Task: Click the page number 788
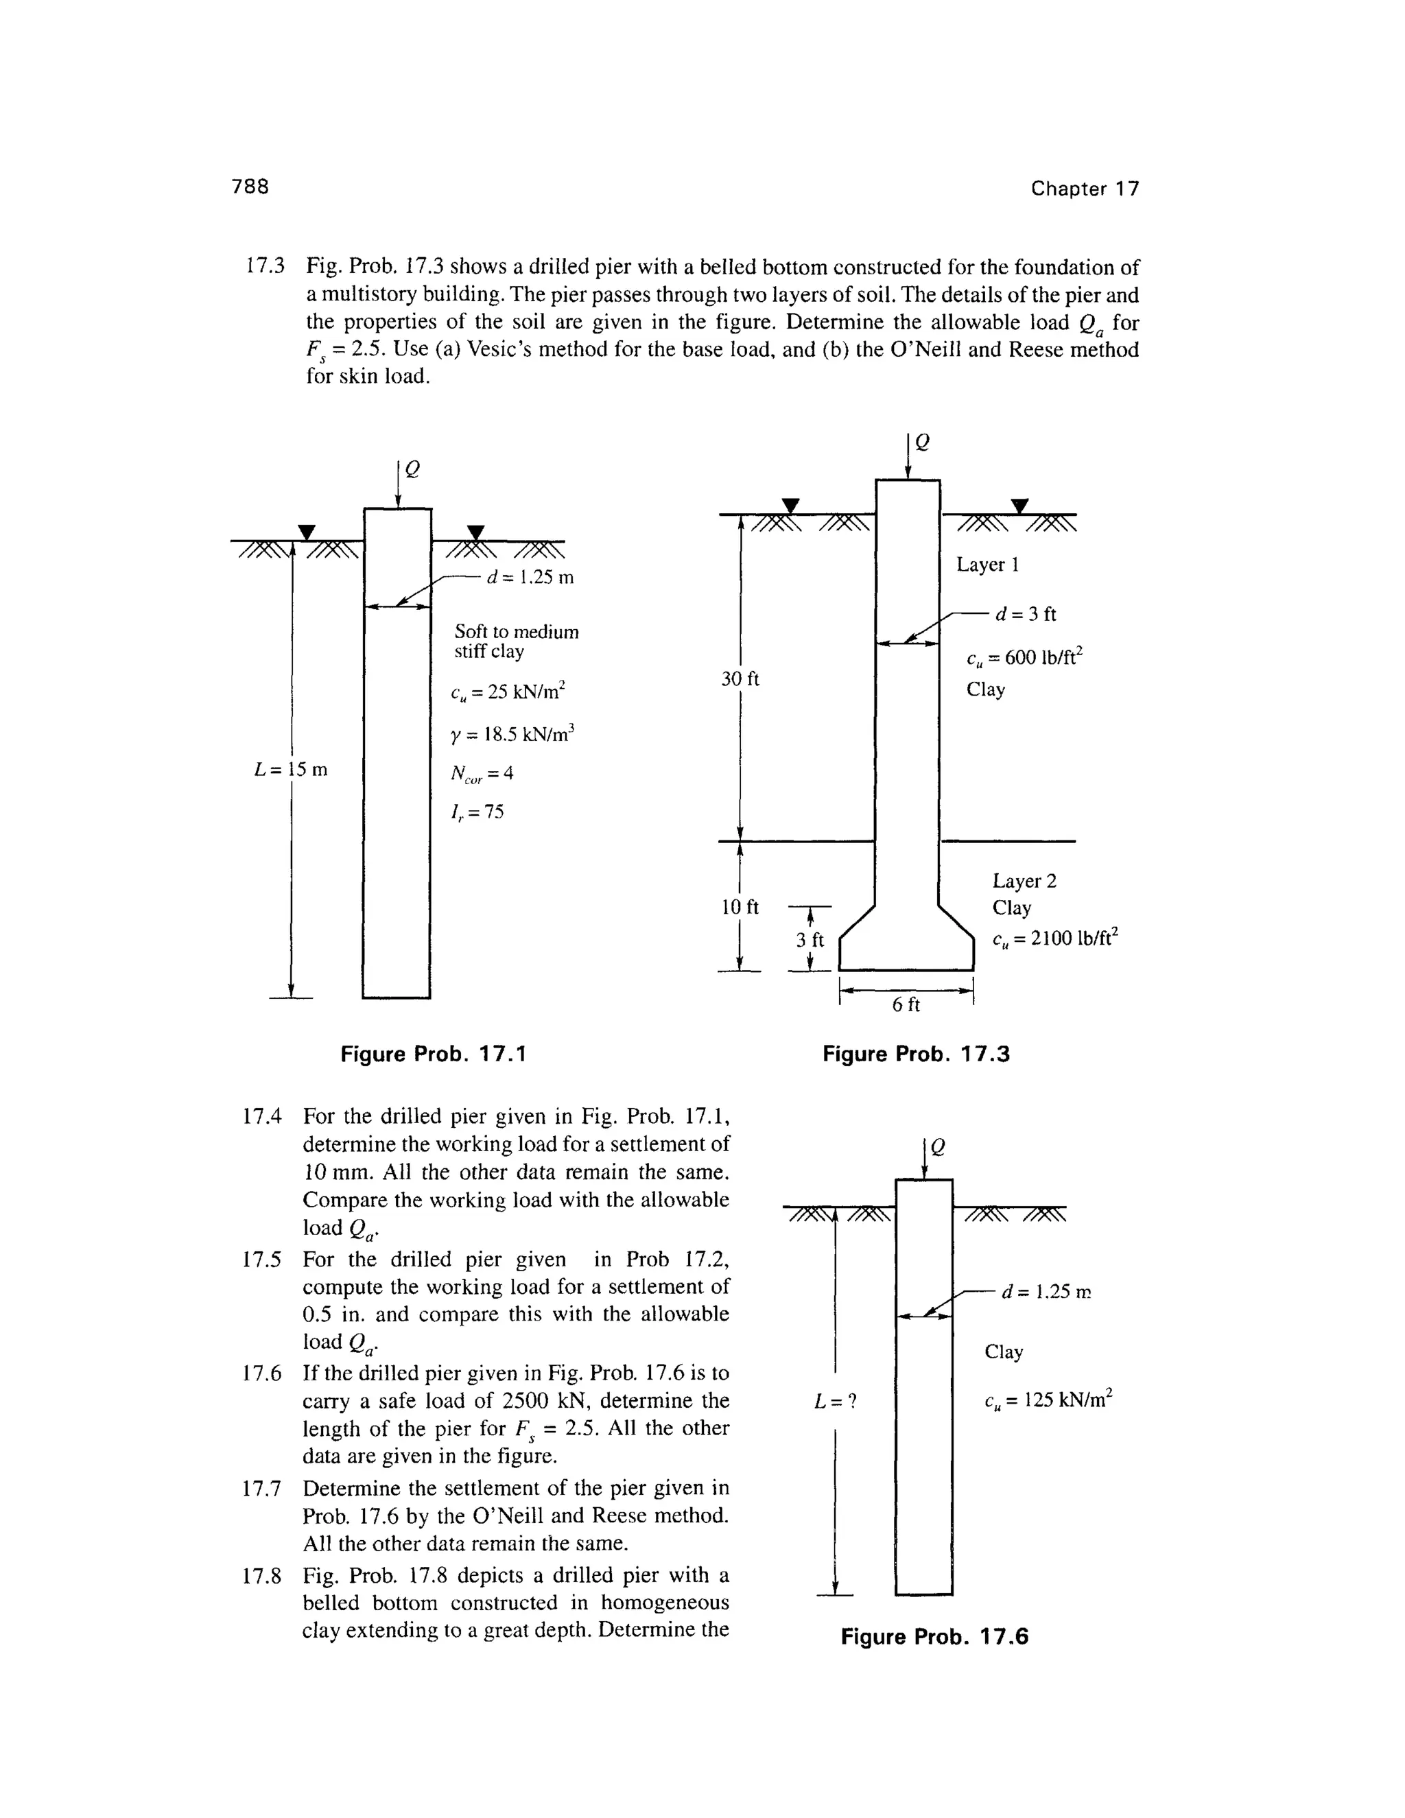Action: pyautogui.click(x=250, y=187)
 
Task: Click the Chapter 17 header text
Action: pyautogui.click(x=1084, y=189)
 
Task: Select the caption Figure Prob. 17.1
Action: pyautogui.click(x=434, y=1054)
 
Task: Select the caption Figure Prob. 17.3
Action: pyautogui.click(x=916, y=1054)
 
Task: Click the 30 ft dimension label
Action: pyautogui.click(x=740, y=679)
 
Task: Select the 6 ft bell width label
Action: pyautogui.click(x=906, y=1005)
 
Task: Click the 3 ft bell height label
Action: pyautogui.click(x=809, y=941)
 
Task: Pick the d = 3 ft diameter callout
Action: pyautogui.click(x=1026, y=614)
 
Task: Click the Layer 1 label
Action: pyautogui.click(x=987, y=565)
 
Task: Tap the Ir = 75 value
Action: pyautogui.click(x=477, y=812)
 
